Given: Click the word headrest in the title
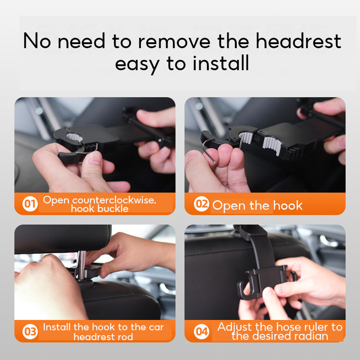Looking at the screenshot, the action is click(298, 41).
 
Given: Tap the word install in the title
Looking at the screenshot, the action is click(220, 63).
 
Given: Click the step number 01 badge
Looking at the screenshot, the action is click(30, 204).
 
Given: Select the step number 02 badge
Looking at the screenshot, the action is click(201, 204).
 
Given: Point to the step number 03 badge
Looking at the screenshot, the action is click(30, 332).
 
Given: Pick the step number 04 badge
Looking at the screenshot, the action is click(201, 332).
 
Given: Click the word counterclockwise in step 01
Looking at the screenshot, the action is click(114, 200).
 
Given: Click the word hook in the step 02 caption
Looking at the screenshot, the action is click(288, 205).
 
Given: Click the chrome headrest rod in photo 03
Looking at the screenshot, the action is click(81, 265).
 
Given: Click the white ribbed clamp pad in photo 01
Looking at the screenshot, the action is click(75, 137).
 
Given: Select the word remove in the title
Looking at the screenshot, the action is click(174, 41).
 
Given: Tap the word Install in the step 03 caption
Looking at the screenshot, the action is click(57, 327).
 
